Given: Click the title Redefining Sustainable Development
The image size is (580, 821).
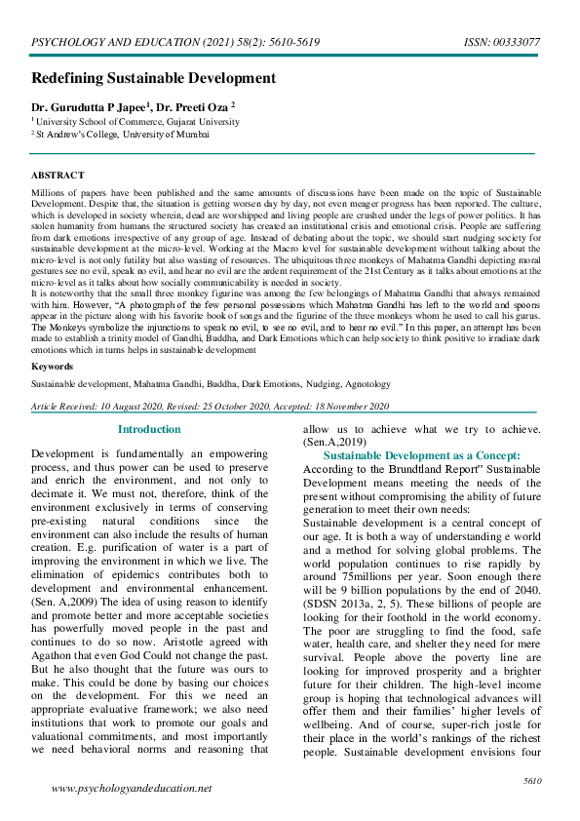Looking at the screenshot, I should click(154, 78).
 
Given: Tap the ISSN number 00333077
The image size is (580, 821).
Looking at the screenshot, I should click(518, 44).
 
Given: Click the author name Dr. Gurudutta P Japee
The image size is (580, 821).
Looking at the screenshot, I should click(92, 106).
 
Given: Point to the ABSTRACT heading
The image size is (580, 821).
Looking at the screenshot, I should click(58, 176).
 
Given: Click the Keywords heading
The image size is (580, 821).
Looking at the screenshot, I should click(52, 367).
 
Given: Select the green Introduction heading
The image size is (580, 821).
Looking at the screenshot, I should click(148, 429).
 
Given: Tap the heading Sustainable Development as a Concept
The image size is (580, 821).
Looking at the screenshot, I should click(421, 455).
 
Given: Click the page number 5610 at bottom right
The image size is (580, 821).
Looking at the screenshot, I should click(532, 780).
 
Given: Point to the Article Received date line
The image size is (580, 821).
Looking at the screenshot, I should click(210, 406).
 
